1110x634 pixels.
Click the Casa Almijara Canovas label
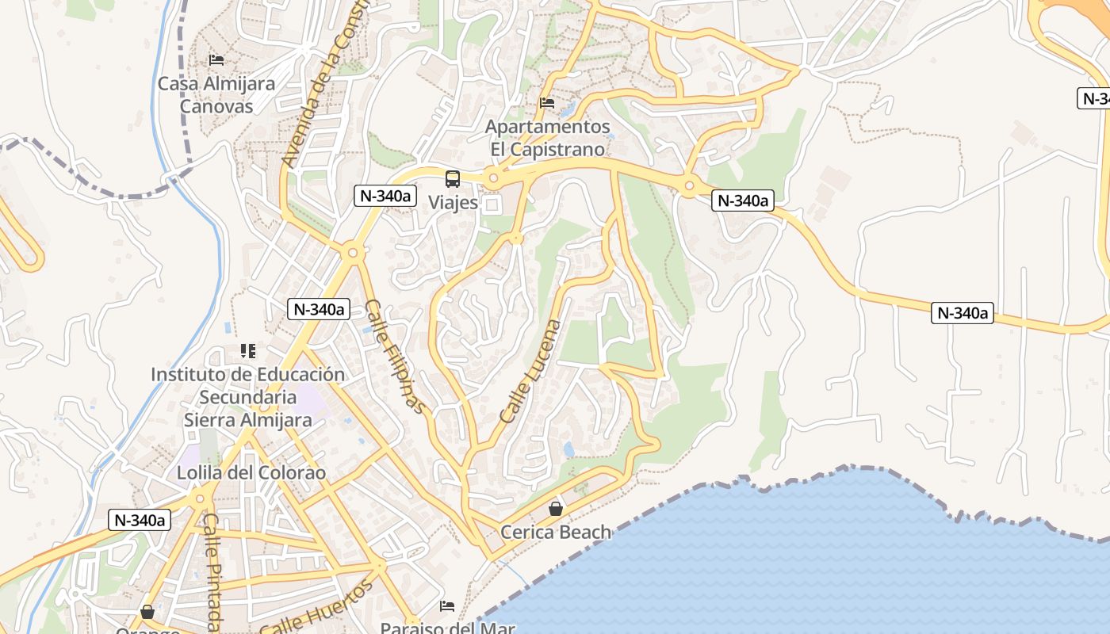tap(216, 94)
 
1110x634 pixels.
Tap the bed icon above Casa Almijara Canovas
tap(216, 59)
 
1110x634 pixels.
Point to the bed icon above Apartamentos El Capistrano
tap(547, 102)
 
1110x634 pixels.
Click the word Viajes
tap(454, 202)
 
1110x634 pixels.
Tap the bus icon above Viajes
tap(453, 179)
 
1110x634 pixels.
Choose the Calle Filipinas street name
tap(396, 356)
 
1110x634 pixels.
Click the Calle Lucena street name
tap(530, 371)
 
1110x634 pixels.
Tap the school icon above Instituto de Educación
tap(247, 350)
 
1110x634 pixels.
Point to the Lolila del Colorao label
tap(252, 473)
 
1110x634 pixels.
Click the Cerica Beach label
tap(556, 532)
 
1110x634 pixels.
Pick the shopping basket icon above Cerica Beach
tap(556, 509)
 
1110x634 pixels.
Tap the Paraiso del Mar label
tap(447, 628)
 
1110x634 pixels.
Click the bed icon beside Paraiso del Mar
tap(447, 606)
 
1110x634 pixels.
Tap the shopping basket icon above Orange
tap(147, 612)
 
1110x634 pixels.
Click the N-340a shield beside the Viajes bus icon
tap(385, 196)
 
